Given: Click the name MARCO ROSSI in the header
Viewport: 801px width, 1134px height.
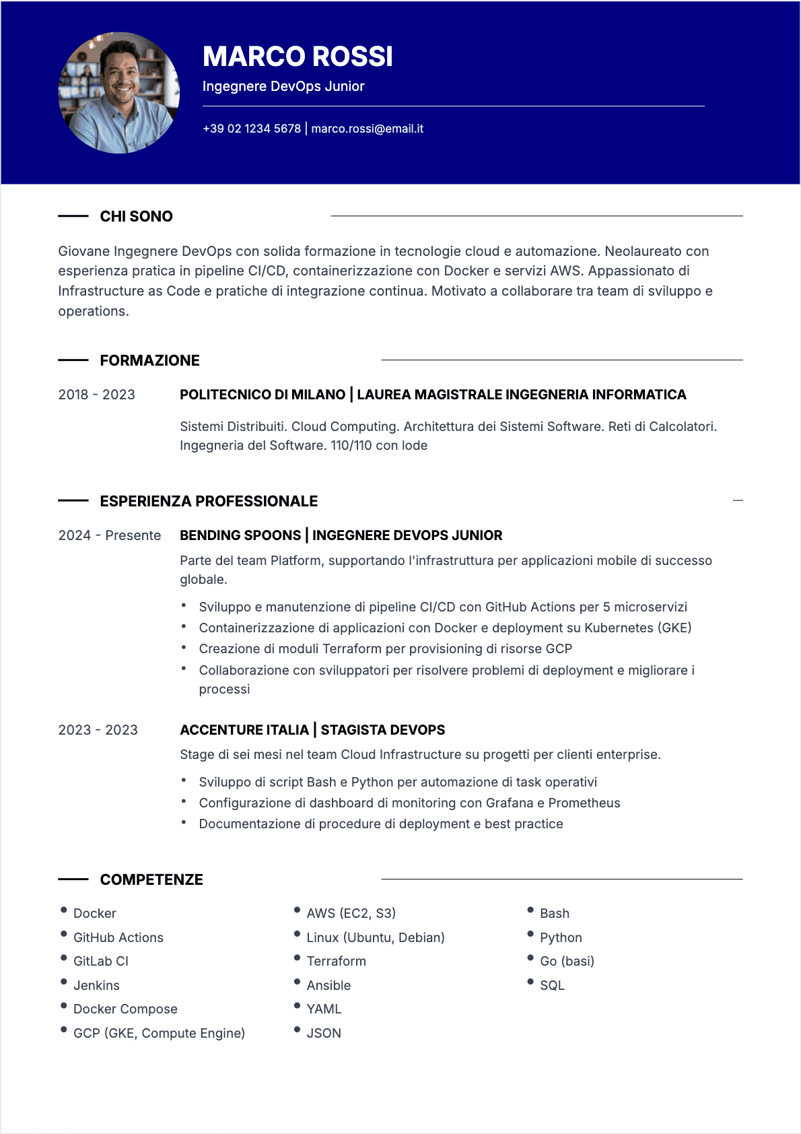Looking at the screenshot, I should (x=298, y=57).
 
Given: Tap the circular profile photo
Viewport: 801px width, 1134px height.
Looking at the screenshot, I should (x=119, y=93).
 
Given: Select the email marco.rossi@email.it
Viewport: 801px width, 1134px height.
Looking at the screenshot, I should (x=367, y=129).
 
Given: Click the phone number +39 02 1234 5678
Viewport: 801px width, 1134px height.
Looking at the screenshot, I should (x=252, y=129).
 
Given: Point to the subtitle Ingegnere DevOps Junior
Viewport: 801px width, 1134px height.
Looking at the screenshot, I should (x=283, y=86).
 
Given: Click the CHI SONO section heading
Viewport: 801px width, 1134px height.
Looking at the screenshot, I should (x=136, y=216).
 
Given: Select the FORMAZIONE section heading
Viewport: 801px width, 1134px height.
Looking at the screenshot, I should (x=149, y=360).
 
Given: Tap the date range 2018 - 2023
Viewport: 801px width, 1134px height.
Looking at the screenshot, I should (x=96, y=395).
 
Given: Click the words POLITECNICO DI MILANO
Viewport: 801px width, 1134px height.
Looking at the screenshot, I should (x=263, y=395).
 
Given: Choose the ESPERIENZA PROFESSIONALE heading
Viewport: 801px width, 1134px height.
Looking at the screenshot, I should (x=209, y=501).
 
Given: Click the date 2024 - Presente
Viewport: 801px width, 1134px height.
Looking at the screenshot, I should (x=110, y=535).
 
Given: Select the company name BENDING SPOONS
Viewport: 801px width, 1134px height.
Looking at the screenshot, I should (x=240, y=535).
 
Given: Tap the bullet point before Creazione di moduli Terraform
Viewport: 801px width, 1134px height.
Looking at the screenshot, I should (x=184, y=647).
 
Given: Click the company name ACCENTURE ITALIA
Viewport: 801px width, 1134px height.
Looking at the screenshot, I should (x=244, y=730).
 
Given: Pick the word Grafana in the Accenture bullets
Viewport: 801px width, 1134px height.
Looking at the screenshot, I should (x=510, y=803).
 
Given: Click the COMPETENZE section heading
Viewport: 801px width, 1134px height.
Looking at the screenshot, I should (x=151, y=879).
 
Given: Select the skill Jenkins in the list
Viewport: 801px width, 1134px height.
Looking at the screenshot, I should (x=96, y=985).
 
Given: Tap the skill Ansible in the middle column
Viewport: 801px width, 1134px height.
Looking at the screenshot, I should (x=328, y=985).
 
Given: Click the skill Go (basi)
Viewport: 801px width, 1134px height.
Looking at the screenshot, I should (x=567, y=961).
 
